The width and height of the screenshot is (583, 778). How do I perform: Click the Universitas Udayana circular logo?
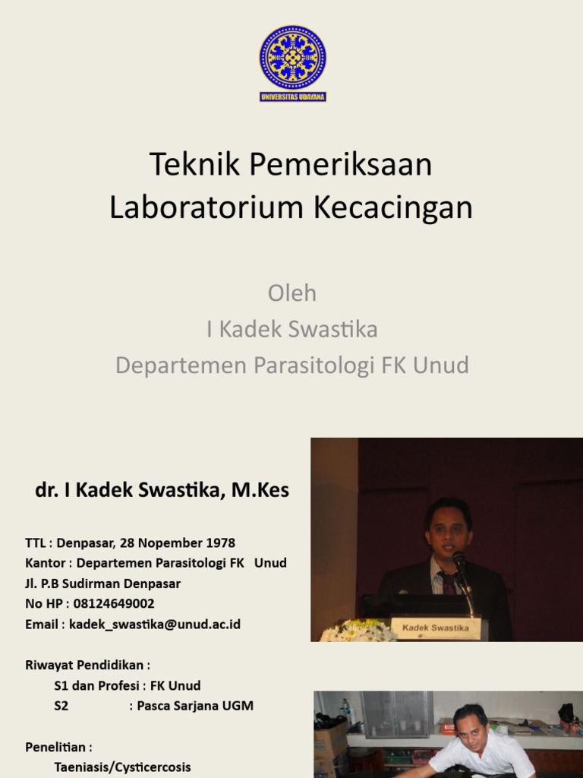tap(292, 58)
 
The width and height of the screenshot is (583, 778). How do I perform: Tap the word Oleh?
tap(292, 293)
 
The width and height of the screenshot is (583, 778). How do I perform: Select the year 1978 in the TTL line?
tap(219, 543)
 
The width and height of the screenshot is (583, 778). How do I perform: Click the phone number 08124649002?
tap(114, 604)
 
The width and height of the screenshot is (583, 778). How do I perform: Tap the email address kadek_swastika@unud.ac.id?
tap(155, 625)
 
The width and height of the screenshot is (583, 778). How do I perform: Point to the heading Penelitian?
tap(58, 747)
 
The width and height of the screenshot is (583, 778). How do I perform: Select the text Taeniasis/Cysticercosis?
tap(122, 767)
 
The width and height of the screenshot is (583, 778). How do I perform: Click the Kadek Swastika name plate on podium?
tap(436, 628)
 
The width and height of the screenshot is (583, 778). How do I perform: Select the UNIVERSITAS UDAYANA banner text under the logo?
tap(292, 97)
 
